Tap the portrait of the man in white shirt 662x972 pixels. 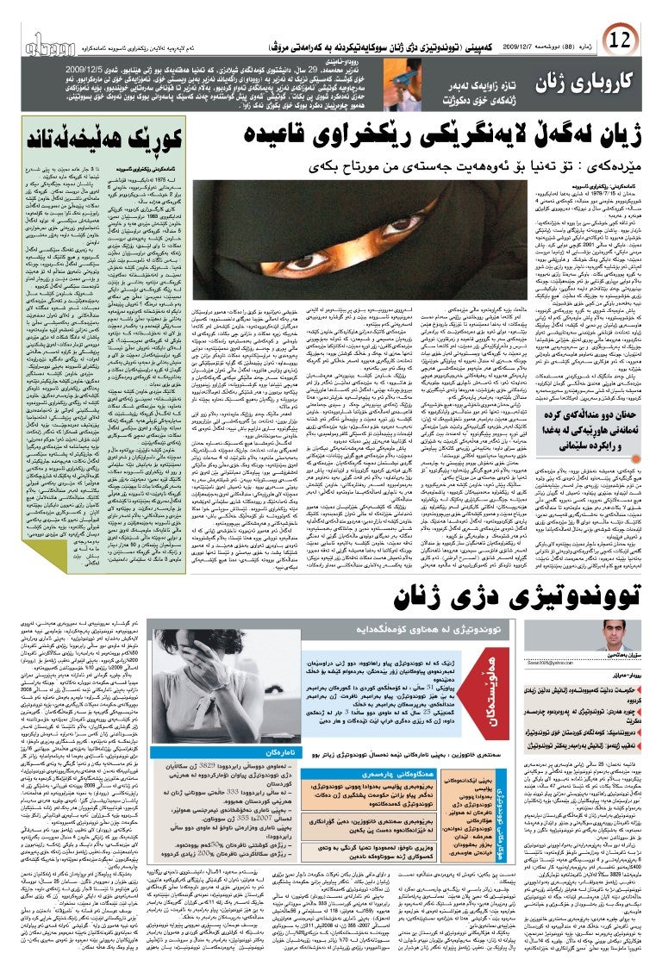[617, 658]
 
